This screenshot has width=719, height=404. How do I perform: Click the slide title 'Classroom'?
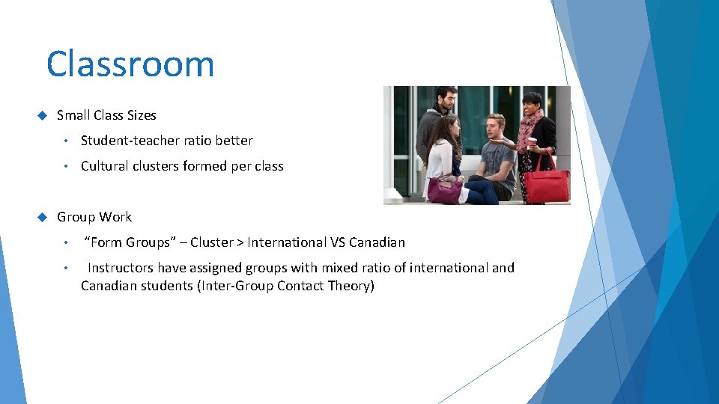(130, 64)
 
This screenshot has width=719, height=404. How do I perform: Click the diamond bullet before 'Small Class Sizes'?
(41, 115)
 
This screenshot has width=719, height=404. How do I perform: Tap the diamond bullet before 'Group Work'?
(41, 217)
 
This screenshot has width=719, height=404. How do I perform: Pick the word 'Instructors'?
(121, 268)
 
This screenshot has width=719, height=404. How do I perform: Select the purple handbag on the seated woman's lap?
(444, 190)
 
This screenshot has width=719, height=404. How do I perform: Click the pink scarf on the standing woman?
(531, 123)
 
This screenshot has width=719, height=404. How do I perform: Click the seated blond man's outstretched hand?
(507, 141)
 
